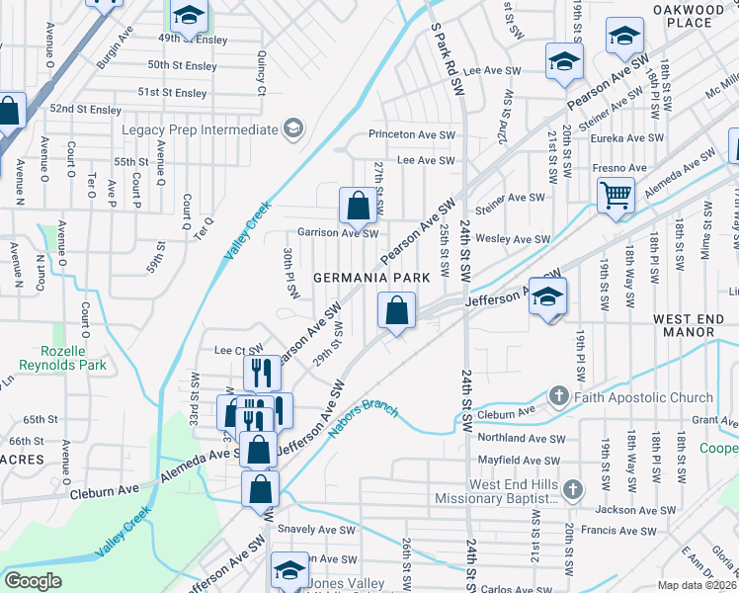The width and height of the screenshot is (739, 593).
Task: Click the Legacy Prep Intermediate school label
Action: click(200, 129)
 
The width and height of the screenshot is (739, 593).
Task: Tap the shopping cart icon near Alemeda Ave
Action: click(616, 194)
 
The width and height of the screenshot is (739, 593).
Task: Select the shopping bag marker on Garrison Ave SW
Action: click(358, 206)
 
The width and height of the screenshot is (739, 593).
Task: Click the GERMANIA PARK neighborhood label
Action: click(371, 278)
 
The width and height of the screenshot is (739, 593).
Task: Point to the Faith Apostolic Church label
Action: click(642, 397)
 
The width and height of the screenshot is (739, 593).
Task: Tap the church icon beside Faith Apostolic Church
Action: click(559, 397)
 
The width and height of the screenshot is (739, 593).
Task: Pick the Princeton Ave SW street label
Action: click(411, 134)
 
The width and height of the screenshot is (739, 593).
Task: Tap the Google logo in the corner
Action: click(33, 580)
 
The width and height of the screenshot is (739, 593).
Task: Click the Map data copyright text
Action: click(698, 585)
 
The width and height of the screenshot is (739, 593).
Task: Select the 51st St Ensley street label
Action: click(173, 92)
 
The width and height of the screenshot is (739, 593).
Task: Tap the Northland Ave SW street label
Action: click(521, 438)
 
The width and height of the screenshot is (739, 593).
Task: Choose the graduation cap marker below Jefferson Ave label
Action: click(547, 297)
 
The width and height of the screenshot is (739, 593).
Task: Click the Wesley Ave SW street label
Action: click(513, 239)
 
